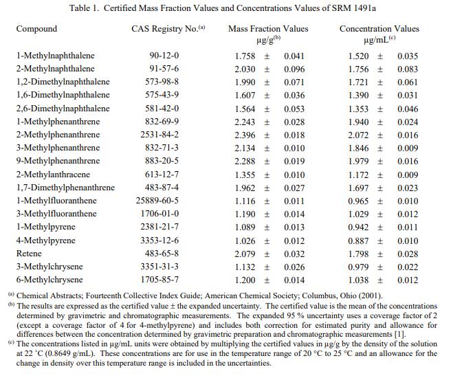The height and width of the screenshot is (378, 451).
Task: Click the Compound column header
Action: click(36, 30)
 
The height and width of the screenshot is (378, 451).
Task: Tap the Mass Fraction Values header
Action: click(268, 30)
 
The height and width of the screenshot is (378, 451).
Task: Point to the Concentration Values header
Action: click(379, 30)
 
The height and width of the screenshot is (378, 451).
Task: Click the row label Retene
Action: click(29, 254)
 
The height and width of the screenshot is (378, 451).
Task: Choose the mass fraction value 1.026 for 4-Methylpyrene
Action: click(245, 241)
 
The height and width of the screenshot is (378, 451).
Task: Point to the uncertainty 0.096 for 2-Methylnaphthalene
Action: click(294, 69)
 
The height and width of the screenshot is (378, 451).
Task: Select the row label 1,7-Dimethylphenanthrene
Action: click(65, 188)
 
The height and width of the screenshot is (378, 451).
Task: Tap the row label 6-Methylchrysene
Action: click(49, 280)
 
